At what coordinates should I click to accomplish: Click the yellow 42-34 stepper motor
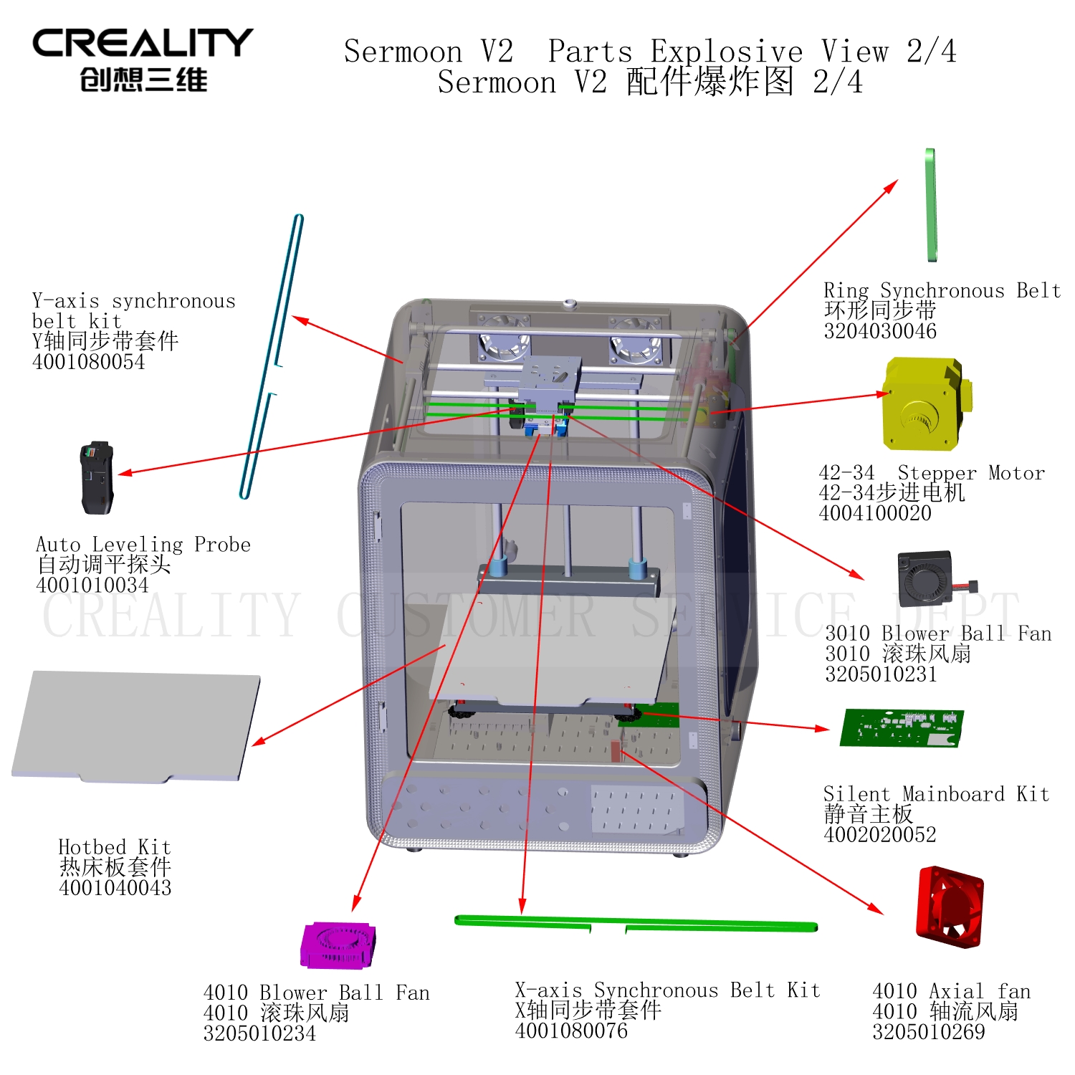927,404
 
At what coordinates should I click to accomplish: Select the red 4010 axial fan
950,907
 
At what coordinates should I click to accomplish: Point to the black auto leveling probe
97,478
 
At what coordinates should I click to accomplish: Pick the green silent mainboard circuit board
902,728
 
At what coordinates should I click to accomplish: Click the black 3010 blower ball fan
929,579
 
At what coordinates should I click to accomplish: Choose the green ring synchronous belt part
930,205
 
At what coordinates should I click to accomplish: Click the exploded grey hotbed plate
136,726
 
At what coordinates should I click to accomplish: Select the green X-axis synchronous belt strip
636,924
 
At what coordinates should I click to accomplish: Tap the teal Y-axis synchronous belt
272,356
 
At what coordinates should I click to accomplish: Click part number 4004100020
875,513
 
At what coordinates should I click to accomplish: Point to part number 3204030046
880,331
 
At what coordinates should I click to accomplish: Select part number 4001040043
115,888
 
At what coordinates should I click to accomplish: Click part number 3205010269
929,1032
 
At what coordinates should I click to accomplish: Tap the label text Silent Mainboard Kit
936,794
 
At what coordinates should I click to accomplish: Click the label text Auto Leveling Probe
143,545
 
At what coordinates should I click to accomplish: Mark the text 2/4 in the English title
931,52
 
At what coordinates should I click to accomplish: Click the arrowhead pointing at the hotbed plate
258,741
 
